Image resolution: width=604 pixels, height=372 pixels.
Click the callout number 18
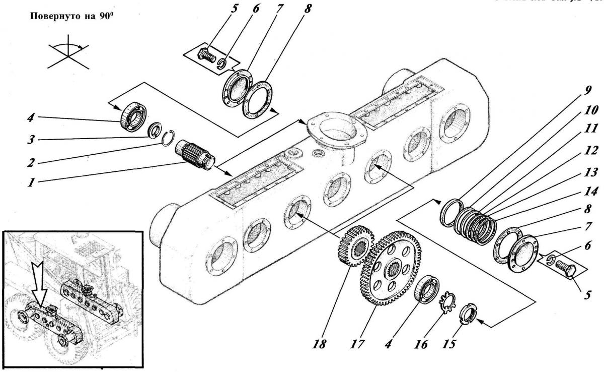pos(320,346)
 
